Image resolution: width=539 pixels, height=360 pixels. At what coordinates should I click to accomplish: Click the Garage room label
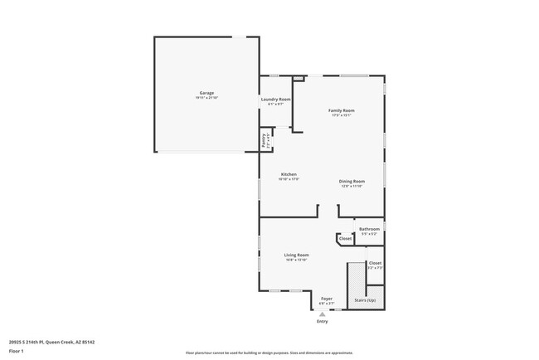pos(206,92)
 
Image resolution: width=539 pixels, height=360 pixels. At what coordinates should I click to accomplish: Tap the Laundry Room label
pos(274,99)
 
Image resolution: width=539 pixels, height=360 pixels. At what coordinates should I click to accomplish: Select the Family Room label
pos(341,110)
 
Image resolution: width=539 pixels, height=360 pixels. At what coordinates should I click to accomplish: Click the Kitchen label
pos(289,174)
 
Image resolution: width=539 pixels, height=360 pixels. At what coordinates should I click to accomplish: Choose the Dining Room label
pos(352,181)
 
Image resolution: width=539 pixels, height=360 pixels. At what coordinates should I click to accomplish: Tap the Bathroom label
pos(369,229)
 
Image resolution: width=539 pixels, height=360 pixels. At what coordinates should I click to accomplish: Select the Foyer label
pos(327,299)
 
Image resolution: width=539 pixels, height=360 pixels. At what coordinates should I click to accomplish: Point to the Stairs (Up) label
pos(365,299)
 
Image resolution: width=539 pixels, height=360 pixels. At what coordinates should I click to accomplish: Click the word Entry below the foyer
pos(322,322)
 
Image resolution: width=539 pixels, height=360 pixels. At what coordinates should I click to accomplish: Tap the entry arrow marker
pos(322,314)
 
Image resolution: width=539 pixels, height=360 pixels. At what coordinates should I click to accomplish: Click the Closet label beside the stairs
pos(375,262)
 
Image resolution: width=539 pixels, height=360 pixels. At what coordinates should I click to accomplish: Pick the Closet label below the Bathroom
pos(345,239)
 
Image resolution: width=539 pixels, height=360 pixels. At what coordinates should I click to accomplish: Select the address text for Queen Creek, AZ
pos(51,341)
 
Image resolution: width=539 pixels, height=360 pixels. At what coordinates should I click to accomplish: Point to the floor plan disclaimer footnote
pos(269,353)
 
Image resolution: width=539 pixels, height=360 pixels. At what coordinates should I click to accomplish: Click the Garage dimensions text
pos(206,98)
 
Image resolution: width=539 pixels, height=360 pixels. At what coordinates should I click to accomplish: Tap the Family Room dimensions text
pos(341,115)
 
